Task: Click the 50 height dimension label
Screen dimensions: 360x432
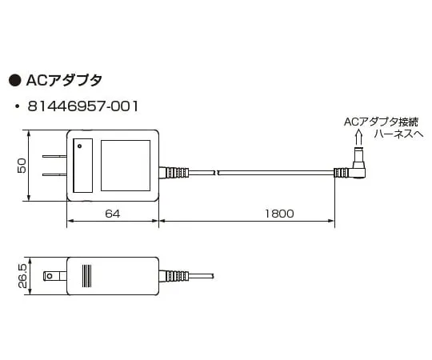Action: [x=22, y=166]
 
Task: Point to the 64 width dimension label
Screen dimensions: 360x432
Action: [x=112, y=213]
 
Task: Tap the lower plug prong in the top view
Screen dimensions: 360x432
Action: [x=54, y=175]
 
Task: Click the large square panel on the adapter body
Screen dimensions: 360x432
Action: [x=126, y=166]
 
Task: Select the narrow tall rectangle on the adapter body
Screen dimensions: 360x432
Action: [x=82, y=166]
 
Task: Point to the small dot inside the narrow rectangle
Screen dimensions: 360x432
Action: [x=79, y=146]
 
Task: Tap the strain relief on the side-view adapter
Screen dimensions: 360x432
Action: [x=174, y=276]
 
